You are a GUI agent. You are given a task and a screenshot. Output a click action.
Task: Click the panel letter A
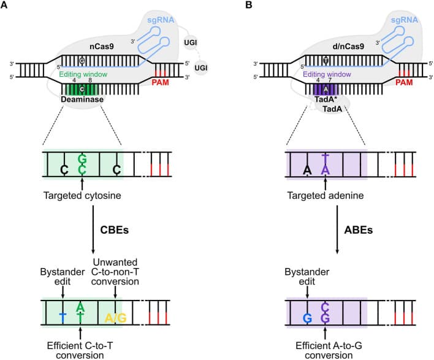coord(5,6)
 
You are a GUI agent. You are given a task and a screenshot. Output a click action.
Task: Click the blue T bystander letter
coord(63,317)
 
